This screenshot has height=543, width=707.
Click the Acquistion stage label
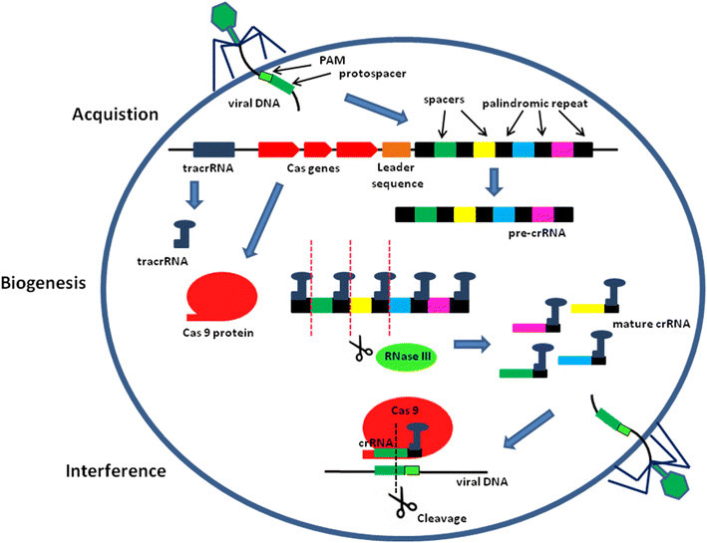(116, 113)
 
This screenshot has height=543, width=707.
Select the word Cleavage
(418, 519)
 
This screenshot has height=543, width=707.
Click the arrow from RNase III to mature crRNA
(474, 345)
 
